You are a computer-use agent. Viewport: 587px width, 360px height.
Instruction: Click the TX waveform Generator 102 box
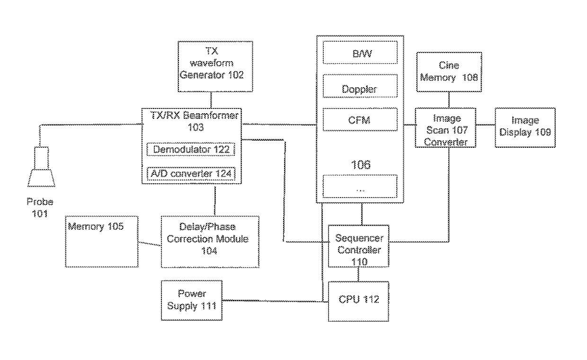pos(215,66)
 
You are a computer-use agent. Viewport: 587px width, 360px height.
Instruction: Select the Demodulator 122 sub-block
pos(191,150)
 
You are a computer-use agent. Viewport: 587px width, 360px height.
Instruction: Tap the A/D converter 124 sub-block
pos(191,173)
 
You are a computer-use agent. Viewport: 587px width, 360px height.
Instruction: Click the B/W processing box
pos(360,53)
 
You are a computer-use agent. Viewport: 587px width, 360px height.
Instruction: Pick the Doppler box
pos(360,86)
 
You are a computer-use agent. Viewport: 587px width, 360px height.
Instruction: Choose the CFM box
pos(360,119)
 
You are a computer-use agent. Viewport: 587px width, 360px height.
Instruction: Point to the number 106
pos(361,165)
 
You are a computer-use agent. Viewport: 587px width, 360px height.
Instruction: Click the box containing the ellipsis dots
pos(360,186)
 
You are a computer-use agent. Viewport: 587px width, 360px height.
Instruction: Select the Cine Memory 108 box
pos(449,72)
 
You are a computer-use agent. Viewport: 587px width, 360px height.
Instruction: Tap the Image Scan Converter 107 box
pos(445,128)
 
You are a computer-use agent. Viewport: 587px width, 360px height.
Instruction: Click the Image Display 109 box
pos(525,128)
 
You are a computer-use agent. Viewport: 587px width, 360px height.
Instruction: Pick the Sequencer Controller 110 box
pos(358,246)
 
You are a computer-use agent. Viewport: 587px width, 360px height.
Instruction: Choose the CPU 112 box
pos(358,302)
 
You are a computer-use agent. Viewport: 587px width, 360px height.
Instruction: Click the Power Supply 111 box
pos(192,300)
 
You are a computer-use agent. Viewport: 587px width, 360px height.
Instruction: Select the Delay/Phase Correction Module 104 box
pos(210,242)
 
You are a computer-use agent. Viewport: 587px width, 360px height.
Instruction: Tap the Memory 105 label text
pos(96,226)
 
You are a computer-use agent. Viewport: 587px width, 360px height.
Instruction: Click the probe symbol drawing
pos(41,167)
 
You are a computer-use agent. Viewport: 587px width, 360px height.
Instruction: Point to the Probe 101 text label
pos(40,207)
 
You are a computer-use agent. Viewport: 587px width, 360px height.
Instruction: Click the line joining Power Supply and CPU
pos(275,301)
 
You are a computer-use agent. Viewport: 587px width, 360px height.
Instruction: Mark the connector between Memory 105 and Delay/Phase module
pos(150,244)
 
